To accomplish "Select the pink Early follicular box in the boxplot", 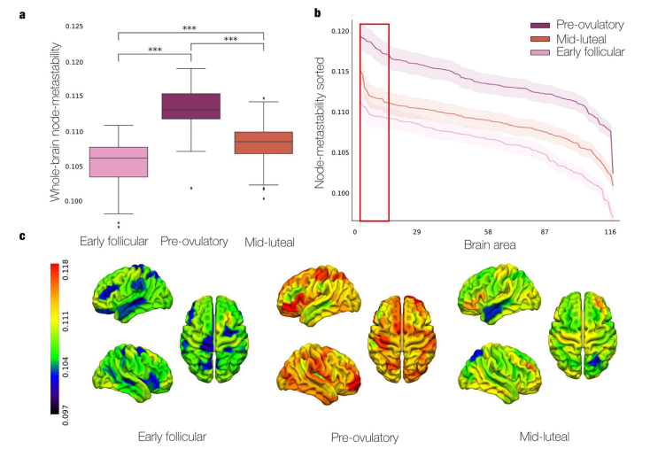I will pyautogui.click(x=119, y=162).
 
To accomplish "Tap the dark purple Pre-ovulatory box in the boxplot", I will pyautogui.click(x=191, y=105).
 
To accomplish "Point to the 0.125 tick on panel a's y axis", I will pyautogui.click(x=78, y=27).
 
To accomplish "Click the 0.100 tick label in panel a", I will pyautogui.click(x=78, y=201).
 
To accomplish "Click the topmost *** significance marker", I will pyautogui.click(x=190, y=28).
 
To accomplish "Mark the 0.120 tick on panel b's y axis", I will pyautogui.click(x=340, y=32).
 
